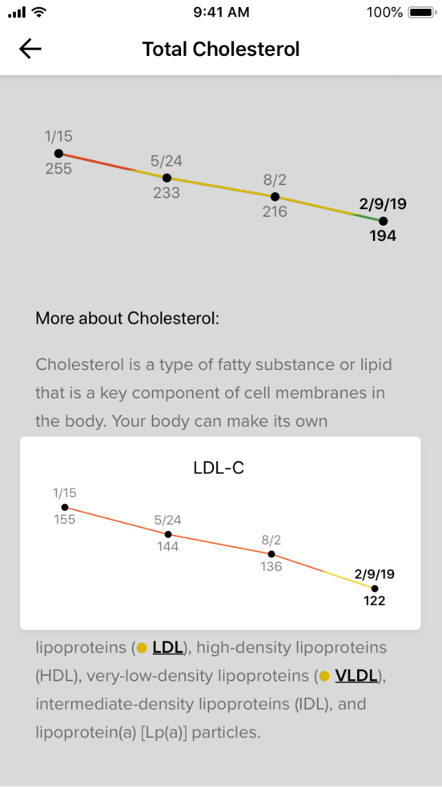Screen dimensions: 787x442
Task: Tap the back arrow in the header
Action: pos(30,49)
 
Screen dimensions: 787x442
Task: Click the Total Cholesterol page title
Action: pos(221,49)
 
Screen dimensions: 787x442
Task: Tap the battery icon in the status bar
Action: pos(421,12)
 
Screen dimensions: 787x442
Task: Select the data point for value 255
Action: pos(59,153)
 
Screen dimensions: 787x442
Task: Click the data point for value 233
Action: pos(166,178)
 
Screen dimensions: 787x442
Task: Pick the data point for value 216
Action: pos(275,197)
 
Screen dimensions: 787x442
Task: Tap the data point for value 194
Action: pos(383,221)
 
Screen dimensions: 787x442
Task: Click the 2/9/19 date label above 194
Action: pos(383,204)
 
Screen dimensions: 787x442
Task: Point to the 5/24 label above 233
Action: pos(166,162)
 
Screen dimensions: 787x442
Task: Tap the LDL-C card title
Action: pos(219,468)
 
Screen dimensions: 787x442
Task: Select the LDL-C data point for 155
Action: pos(65,507)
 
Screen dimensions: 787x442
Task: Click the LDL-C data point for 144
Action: pos(168,534)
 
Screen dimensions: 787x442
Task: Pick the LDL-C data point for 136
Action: pos(271,554)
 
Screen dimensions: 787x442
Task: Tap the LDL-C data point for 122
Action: pos(374,588)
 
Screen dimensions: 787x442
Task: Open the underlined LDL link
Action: pos(168,648)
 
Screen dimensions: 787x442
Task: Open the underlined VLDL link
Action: pos(356,676)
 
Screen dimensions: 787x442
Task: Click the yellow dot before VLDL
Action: pos(324,677)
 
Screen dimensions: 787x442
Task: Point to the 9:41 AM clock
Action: pos(221,12)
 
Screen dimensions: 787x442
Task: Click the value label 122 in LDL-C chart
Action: pos(374,601)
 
